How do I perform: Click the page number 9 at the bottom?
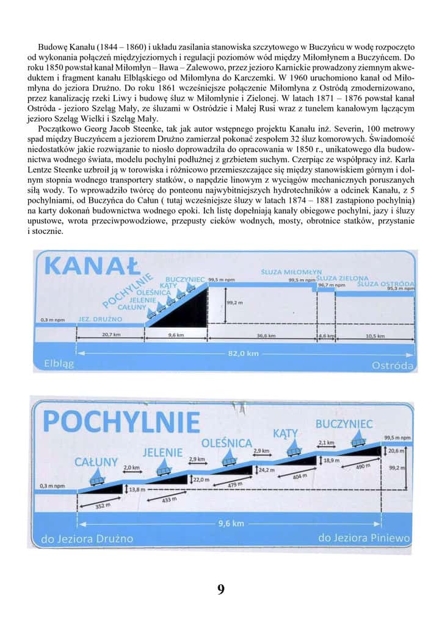pos(220,590)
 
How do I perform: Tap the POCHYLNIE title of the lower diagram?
pos(123,422)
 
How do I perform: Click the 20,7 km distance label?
pos(110,335)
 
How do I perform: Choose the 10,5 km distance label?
pos(374,335)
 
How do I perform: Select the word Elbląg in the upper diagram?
pos(59,364)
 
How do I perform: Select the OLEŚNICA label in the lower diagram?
pos(226,442)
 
